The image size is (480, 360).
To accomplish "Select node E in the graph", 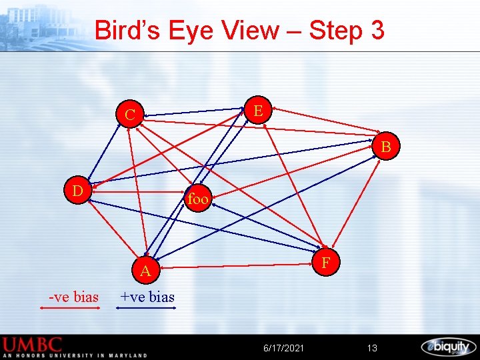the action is [x=259, y=109].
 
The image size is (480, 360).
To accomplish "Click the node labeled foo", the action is [x=199, y=199].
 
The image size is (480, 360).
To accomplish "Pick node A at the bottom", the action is [x=145, y=270].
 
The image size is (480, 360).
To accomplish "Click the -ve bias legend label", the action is [x=73, y=297].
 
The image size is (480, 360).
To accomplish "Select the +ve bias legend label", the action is [x=147, y=297].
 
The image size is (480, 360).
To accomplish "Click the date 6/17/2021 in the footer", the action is [x=284, y=348].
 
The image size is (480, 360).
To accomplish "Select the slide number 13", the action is [x=372, y=348].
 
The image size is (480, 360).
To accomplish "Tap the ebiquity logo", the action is [x=448, y=347].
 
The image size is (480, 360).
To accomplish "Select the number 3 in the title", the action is [x=377, y=31].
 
